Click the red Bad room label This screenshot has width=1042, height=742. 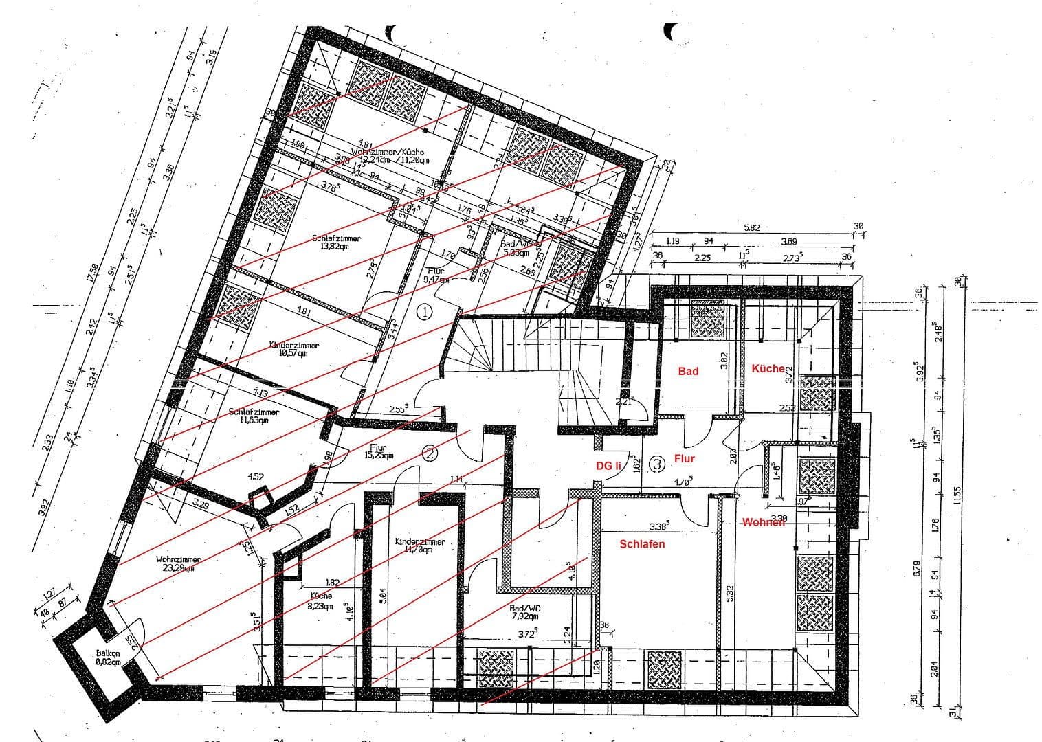coord(688,371)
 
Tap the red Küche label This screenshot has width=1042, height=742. coord(768,369)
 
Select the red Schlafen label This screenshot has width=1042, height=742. coord(642,544)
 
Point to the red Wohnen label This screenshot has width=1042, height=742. coord(763,523)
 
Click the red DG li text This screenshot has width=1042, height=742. coord(608,466)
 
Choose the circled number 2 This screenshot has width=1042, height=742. coord(430,453)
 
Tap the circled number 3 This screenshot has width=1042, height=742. coord(658,464)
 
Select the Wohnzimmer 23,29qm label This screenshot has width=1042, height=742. coord(177,563)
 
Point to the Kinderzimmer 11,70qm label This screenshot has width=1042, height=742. coord(420,546)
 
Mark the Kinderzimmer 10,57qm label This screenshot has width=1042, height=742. coord(294,349)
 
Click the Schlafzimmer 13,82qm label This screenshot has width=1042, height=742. coord(336,242)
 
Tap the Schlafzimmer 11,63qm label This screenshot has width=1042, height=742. coord(254,416)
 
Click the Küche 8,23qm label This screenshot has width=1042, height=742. coord(321,601)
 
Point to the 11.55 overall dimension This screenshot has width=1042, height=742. coord(957,495)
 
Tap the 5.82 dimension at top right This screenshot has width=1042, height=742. coord(752,227)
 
